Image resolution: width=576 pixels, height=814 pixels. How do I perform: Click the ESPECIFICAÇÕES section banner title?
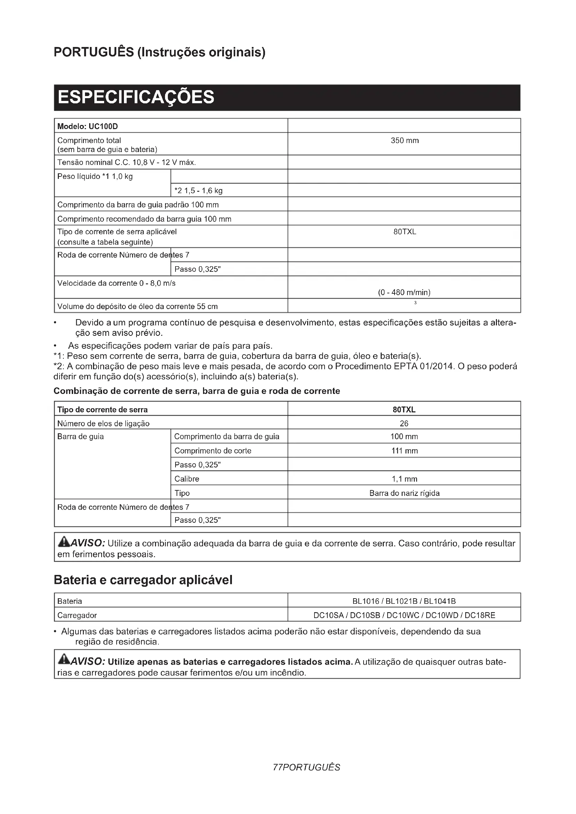(136, 97)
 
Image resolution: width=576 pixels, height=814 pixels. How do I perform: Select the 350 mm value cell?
(404, 141)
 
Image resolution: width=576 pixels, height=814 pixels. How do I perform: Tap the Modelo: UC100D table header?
(88, 127)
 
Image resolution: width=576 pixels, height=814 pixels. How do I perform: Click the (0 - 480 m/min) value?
(404, 292)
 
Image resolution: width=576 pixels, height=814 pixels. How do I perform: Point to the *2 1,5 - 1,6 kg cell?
(199, 191)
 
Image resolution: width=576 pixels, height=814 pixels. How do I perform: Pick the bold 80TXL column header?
(404, 410)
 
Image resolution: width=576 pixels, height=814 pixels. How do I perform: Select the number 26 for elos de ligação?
(404, 424)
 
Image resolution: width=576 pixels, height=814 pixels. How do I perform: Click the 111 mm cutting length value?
(404, 451)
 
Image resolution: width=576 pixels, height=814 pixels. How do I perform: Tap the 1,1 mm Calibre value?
(404, 479)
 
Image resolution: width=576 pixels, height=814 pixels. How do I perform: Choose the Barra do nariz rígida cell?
(404, 493)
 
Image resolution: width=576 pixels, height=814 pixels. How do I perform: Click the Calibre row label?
(187, 479)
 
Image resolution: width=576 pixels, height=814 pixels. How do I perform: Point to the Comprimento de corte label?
(213, 451)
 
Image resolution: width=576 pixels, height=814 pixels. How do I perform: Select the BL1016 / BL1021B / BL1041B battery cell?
(404, 601)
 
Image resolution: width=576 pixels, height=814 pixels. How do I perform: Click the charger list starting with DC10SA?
(404, 616)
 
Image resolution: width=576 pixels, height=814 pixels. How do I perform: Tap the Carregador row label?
(77, 616)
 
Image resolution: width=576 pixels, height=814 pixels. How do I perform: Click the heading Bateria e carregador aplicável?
(143, 580)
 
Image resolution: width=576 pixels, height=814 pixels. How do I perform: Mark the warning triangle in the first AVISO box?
(64, 542)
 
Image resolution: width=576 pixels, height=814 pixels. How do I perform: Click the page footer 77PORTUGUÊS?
(306, 768)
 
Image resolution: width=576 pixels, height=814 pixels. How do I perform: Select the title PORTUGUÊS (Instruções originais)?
(159, 52)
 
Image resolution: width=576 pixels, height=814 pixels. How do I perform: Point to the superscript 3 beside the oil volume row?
(415, 303)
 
